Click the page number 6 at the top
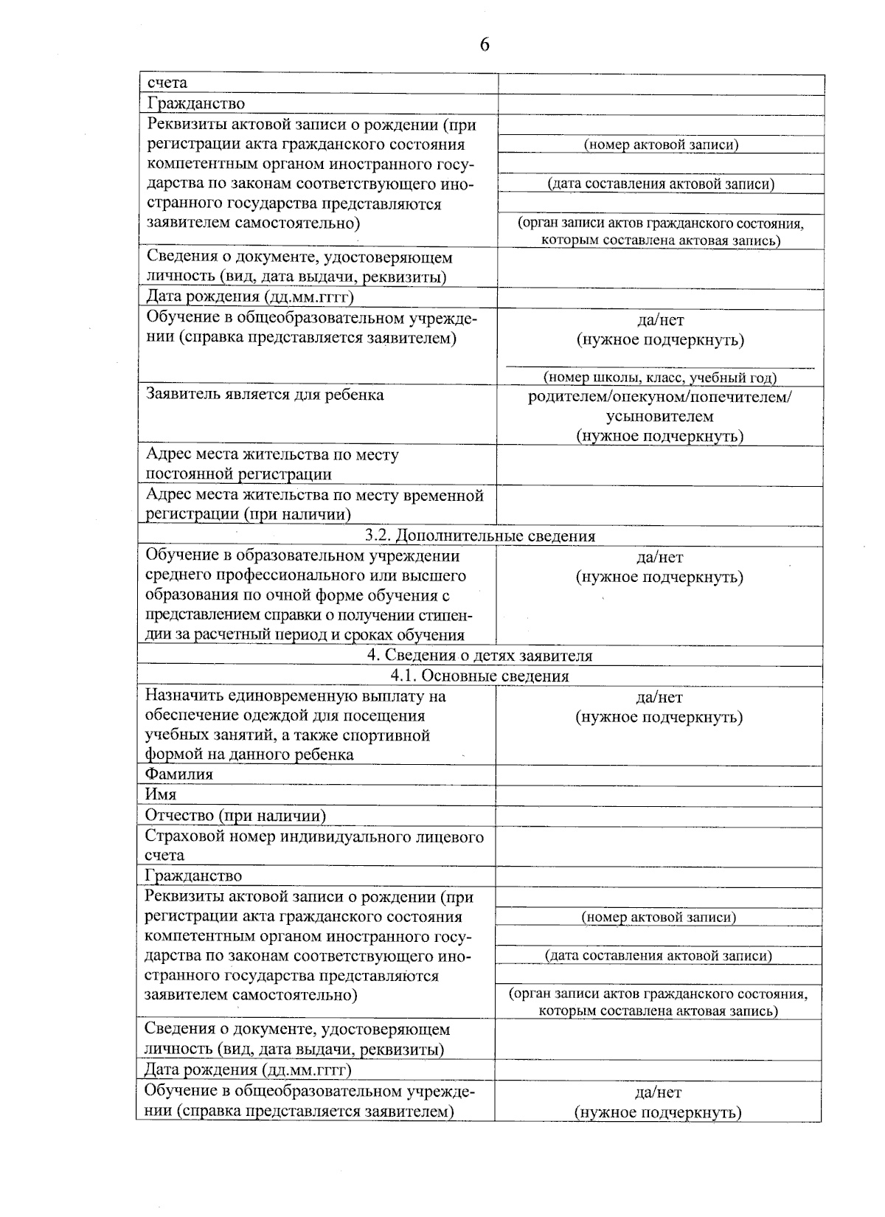485,45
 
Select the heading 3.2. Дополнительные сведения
480,536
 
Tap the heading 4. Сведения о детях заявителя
480,656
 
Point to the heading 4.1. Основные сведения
480,676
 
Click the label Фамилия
179,774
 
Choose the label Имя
160,794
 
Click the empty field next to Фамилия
659,775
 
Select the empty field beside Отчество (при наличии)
659,816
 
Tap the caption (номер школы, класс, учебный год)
660,378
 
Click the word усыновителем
659,417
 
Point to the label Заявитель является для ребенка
265,395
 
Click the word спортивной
392,735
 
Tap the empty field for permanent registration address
659,465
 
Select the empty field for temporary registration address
659,505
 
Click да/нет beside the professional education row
659,558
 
